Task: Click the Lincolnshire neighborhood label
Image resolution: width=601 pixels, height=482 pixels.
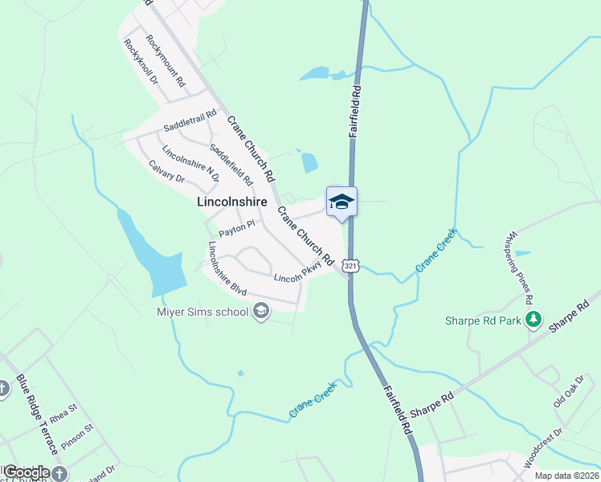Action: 232,203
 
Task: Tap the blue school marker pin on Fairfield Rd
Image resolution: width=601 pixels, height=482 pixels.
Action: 341,202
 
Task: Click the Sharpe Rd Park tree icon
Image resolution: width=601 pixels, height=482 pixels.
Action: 532,321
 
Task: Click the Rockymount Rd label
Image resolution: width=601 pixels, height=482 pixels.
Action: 166,60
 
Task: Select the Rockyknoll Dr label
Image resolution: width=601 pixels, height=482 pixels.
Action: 141,63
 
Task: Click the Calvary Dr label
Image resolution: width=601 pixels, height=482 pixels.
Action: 167,171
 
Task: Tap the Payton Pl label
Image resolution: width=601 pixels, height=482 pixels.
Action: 237,226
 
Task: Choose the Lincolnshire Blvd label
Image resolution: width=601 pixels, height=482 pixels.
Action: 226,267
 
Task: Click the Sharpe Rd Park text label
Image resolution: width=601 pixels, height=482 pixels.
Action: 484,321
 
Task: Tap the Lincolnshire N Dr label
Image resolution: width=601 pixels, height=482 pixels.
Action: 190,163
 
